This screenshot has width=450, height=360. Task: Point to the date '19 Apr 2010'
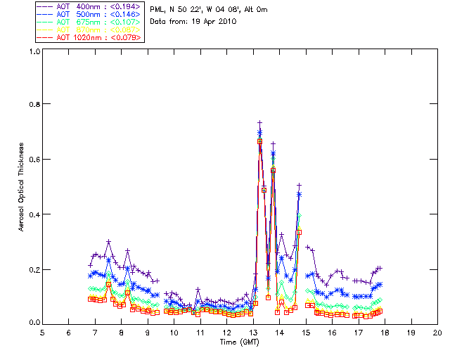pos(214,22)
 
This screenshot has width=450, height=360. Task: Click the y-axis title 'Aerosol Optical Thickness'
pos(22,186)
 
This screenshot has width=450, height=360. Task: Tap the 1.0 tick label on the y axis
pos(34,51)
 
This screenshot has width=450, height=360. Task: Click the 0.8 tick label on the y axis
pos(34,105)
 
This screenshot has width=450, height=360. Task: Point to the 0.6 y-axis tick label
pos(34,160)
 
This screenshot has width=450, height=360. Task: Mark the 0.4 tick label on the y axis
pos(34,214)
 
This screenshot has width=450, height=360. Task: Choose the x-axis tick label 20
pos(437,332)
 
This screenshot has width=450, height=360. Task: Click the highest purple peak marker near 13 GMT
pos(259,123)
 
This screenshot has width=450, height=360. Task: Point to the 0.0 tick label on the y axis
pos(34,323)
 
